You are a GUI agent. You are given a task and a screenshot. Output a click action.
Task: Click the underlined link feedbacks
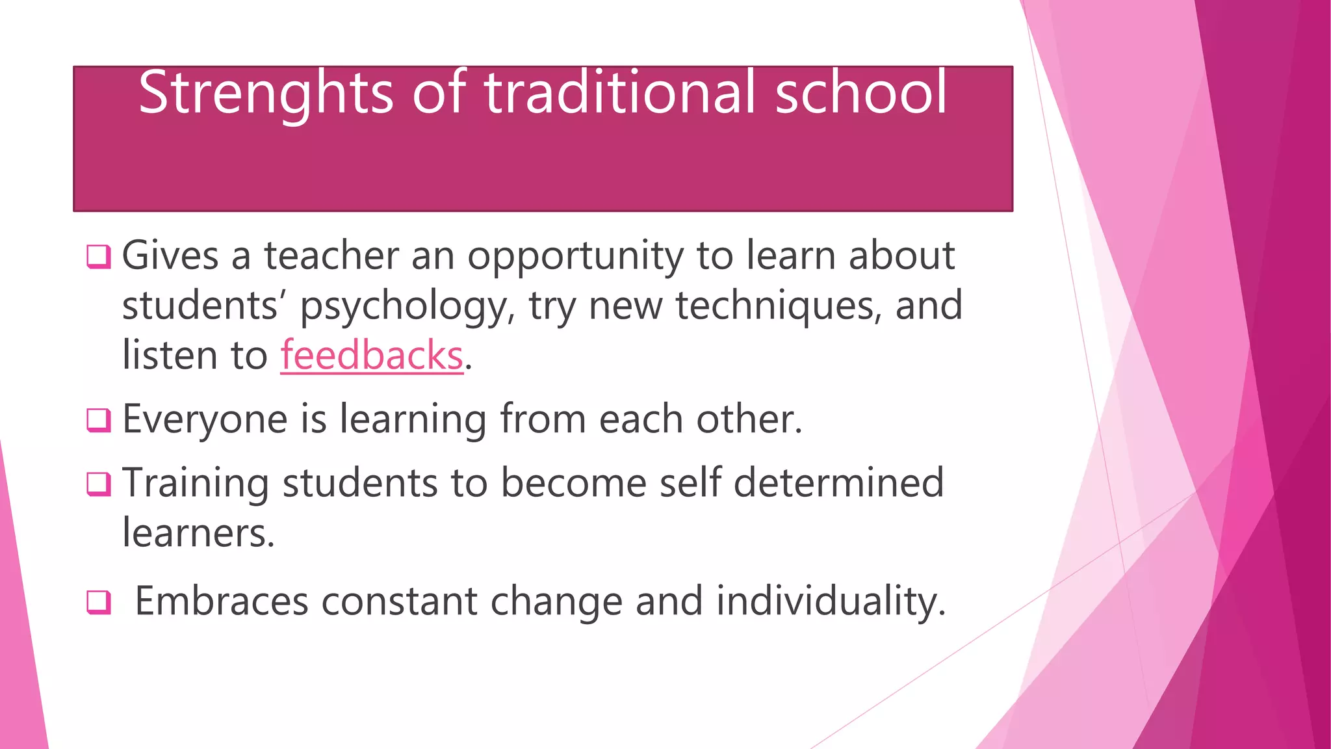pos(372,356)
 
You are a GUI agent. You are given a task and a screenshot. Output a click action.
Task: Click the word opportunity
pos(575,256)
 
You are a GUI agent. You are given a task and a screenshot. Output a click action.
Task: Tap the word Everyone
pos(205,419)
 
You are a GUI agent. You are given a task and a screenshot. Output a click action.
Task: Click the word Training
pos(195,484)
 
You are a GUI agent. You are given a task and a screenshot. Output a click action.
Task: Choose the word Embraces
pos(221,601)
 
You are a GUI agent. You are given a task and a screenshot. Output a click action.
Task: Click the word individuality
pos(830,601)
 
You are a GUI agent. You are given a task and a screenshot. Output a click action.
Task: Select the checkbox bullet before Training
pos(99,484)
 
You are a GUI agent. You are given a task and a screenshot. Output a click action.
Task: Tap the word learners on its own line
pos(198,533)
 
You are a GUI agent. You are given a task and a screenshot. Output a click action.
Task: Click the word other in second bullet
pos(749,419)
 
